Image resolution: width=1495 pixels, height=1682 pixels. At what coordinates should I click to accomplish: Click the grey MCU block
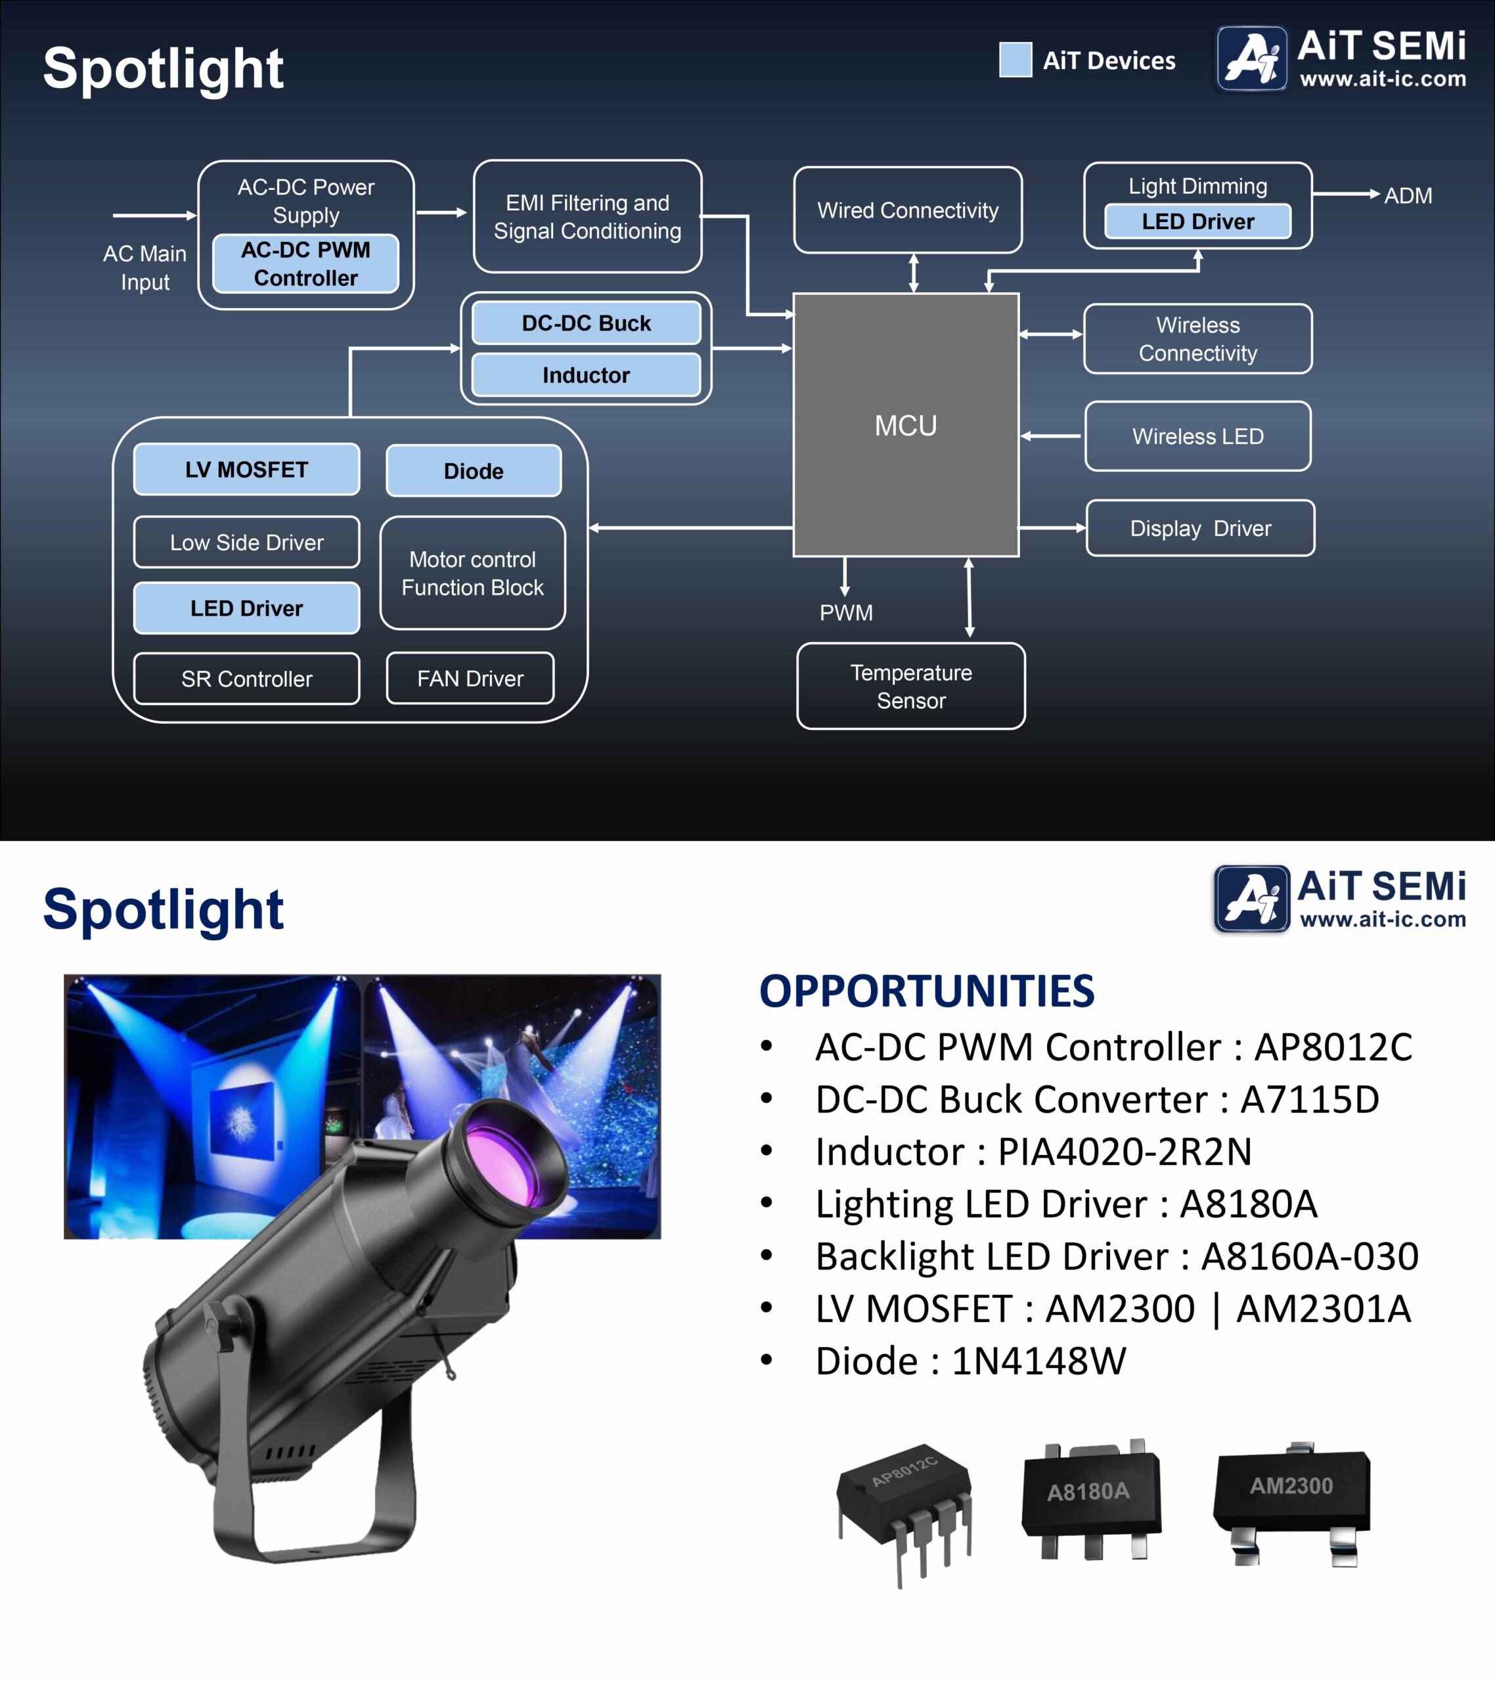[906, 424]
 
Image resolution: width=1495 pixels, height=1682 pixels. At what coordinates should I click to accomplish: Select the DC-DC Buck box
[586, 323]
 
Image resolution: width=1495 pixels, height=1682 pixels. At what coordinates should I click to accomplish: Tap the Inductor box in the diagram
[586, 375]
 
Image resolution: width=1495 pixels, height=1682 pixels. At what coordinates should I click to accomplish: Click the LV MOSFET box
[247, 469]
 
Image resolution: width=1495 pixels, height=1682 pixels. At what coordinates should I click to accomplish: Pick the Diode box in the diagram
[474, 470]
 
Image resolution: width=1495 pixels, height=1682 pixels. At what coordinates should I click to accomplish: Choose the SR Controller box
[247, 679]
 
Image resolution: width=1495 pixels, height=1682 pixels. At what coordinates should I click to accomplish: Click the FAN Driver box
[470, 678]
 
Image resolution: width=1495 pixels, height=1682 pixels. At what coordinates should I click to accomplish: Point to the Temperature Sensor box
[911, 687]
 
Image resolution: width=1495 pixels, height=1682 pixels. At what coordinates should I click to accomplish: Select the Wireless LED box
[1198, 436]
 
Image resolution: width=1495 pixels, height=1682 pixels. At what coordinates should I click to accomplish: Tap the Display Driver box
[1201, 528]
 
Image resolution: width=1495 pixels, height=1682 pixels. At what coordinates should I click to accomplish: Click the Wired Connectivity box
[908, 210]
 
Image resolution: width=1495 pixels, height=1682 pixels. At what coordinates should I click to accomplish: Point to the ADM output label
[1408, 196]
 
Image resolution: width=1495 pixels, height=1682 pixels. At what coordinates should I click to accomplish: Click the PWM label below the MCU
[846, 612]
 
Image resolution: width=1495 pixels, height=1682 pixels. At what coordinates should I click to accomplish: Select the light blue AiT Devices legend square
[1015, 59]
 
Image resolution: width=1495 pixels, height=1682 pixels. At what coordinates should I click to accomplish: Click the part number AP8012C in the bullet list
[1333, 1047]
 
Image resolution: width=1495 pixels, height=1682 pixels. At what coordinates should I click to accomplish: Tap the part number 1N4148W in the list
[1038, 1361]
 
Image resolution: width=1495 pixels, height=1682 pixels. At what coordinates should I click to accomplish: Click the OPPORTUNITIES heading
[926, 991]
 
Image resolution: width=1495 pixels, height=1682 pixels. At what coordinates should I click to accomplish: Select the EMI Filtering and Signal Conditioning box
[587, 216]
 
